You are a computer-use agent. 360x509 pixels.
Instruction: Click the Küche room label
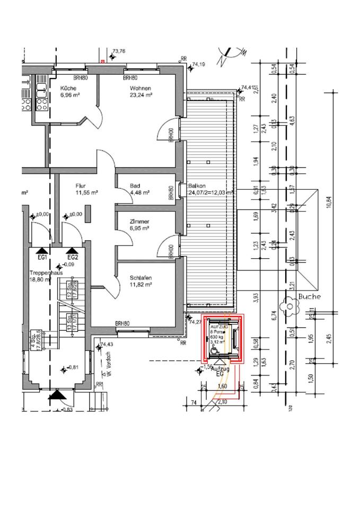[68, 88]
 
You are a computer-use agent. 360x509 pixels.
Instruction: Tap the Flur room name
[81, 186]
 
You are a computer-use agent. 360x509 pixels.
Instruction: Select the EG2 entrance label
[73, 257]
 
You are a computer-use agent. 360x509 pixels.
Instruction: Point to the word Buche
[310, 296]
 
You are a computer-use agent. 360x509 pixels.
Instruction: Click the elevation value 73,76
[119, 51]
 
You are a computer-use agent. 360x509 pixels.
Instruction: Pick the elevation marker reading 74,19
[199, 64]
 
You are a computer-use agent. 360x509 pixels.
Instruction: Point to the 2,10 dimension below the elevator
[222, 402]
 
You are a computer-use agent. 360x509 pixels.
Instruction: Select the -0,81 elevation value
[72, 367]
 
